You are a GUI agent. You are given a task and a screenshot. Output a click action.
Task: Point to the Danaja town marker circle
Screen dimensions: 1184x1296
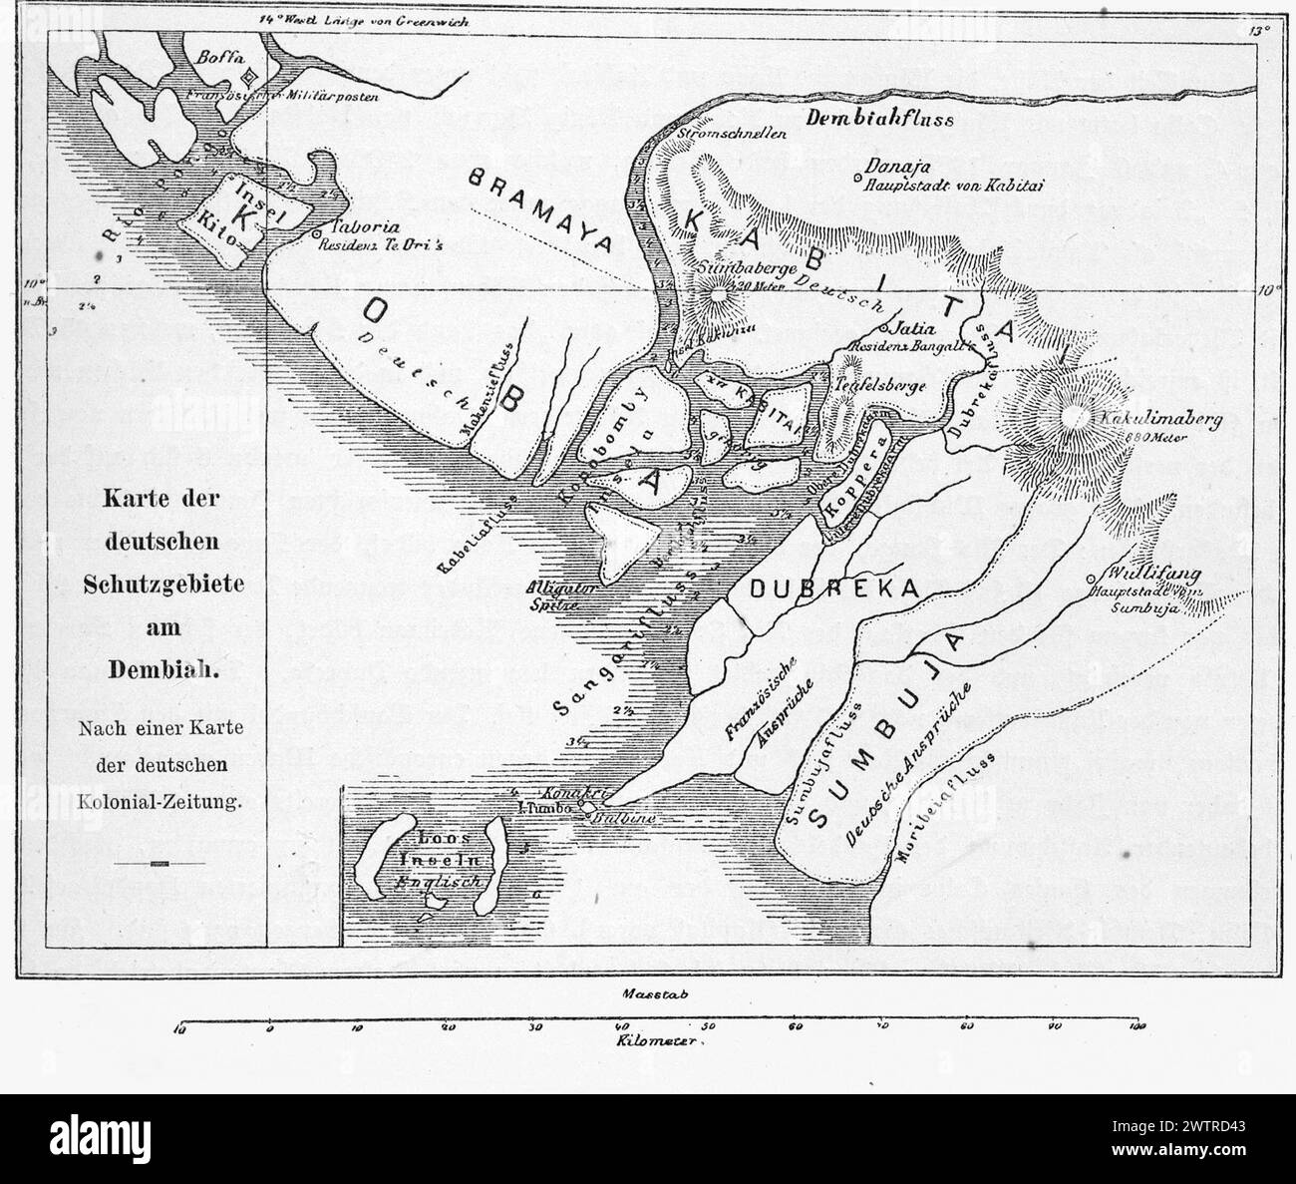point(858,179)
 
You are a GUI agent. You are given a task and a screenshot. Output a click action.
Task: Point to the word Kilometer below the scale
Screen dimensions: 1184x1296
point(660,1041)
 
